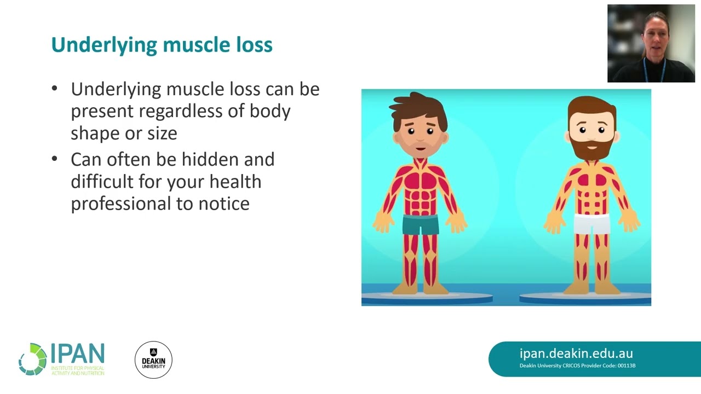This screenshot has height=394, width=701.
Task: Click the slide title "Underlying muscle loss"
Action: (162, 45)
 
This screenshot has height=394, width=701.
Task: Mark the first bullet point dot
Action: (54, 89)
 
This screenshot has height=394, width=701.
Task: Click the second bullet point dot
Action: (54, 159)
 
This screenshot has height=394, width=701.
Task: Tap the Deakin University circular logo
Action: (153, 360)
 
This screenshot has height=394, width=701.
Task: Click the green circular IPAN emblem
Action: (33, 359)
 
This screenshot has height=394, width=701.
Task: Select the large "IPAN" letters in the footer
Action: (77, 354)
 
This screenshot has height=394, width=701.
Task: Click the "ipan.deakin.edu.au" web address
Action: (576, 354)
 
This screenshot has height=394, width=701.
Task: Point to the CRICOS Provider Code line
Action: (577, 366)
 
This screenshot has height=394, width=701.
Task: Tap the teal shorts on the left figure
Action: (421, 224)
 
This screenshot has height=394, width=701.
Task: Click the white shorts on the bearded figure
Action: (591, 224)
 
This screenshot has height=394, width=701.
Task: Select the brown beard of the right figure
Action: (591, 147)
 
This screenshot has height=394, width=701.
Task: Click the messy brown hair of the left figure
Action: (420, 106)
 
